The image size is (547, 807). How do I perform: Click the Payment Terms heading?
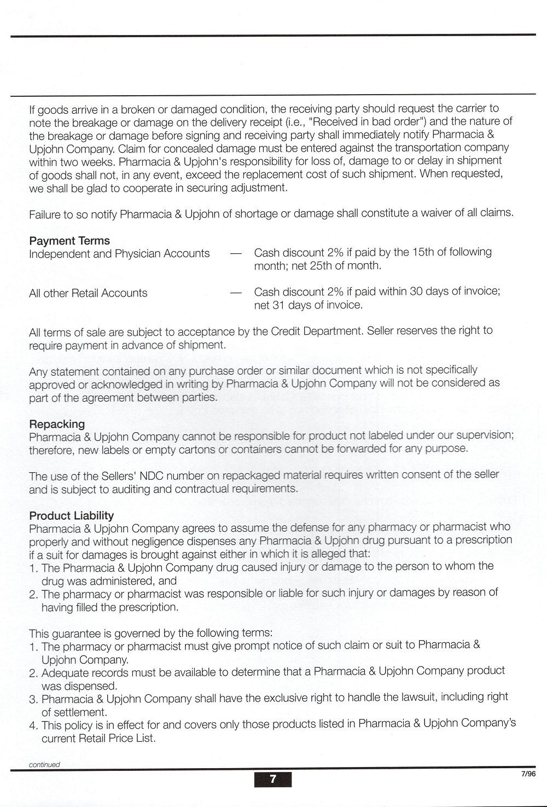(x=69, y=241)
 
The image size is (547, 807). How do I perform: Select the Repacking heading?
(x=57, y=424)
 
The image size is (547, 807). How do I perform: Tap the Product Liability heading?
(x=72, y=515)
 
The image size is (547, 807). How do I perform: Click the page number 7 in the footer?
(x=273, y=779)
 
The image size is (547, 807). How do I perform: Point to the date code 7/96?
(x=528, y=774)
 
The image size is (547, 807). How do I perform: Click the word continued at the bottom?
(x=44, y=764)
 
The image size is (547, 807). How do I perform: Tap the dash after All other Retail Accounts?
(x=236, y=293)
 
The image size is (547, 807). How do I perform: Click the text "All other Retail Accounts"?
(x=88, y=293)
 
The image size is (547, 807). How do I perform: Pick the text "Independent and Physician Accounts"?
(x=119, y=254)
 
